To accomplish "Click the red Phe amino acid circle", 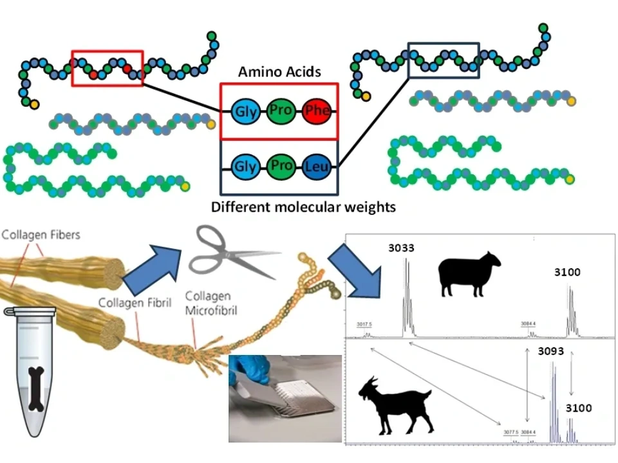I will pos(316,111).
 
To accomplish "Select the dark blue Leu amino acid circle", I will pos(316,167).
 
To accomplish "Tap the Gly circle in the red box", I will pos(245,112).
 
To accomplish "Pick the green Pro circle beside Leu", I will pos(281,166).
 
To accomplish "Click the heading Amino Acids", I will pos(279,71).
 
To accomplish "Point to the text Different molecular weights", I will pos(303,207).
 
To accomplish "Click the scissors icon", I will pos(232,254).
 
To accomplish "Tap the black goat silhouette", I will pos(394,405).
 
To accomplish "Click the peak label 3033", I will pos(401,248).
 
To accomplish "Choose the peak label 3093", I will pos(551,352).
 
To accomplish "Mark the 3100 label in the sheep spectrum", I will pos(567,272).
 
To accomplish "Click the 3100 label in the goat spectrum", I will pos(579,408).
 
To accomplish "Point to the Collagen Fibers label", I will pos(41,235).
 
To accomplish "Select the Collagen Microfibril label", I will pos(211,303).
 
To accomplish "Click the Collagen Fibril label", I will pos(135,302).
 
